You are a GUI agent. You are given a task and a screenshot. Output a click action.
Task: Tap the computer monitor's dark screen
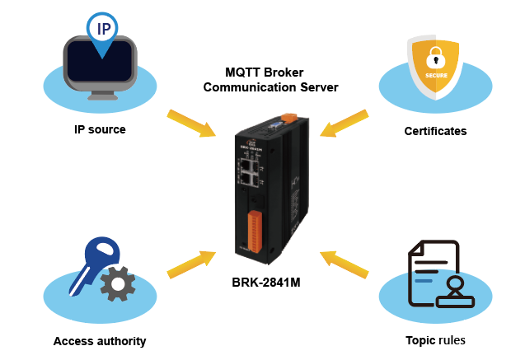[100, 61]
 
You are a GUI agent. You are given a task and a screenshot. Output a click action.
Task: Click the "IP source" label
[100, 129]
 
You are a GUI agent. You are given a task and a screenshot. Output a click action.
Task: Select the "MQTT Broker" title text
[265, 72]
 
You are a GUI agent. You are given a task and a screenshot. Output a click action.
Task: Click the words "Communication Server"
[270, 87]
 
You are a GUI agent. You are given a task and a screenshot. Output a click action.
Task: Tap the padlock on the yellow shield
[436, 58]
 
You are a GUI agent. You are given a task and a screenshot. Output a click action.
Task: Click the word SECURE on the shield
[436, 76]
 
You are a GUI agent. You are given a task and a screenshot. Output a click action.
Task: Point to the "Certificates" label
[435, 131]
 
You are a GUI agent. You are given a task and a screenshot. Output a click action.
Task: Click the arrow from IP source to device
[191, 123]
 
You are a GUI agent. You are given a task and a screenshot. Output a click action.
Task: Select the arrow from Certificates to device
[345, 123]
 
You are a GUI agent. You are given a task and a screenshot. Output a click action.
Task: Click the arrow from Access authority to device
[191, 264]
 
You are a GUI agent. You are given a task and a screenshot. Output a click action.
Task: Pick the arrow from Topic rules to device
[345, 264]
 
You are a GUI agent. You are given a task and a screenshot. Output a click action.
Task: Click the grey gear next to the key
[118, 283]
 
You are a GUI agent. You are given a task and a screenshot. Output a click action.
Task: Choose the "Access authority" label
[100, 341]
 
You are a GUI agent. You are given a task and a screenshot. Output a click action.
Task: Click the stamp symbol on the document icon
[455, 292]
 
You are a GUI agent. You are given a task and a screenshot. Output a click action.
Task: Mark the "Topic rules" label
[435, 340]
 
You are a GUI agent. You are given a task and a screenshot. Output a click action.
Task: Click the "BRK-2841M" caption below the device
[266, 283]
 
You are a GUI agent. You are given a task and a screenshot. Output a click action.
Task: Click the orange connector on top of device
[289, 118]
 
